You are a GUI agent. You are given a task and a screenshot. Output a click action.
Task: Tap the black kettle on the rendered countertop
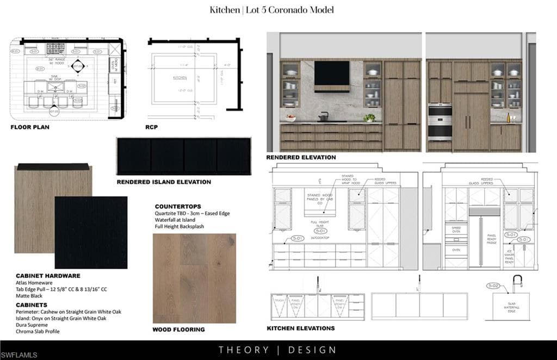[323, 116]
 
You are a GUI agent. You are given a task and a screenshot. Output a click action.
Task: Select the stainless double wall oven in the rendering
[440, 122]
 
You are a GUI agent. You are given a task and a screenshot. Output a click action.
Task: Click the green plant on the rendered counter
[370, 117]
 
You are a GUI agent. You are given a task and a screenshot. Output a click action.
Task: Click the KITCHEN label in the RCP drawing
[180, 78]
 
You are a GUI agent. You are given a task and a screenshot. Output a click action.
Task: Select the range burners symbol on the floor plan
[55, 48]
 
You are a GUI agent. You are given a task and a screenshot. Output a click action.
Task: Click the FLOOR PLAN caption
[30, 127]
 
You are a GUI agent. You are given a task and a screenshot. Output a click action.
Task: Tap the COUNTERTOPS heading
[177, 207]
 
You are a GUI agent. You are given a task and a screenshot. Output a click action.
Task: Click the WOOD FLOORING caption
[178, 330]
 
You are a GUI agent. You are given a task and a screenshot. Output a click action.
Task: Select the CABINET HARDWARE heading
[48, 276]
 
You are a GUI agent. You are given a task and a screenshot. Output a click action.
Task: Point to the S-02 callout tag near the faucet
[493, 285]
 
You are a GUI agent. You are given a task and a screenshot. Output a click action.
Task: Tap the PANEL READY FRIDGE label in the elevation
[491, 240]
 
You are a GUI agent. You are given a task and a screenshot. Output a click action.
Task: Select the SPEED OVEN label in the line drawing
[456, 230]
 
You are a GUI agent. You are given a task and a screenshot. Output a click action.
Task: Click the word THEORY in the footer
[244, 350]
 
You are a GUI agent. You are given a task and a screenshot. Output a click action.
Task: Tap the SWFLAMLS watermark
[20, 355]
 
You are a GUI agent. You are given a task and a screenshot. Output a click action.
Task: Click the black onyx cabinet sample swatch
[91, 233]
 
